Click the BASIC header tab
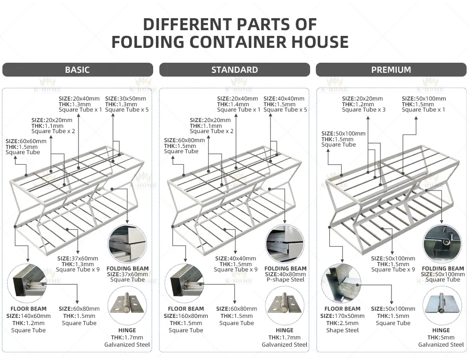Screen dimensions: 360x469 pos(78,70)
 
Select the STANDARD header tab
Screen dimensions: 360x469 pos(234,70)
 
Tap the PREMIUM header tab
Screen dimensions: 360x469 pos(391,70)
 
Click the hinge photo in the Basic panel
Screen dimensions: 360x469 pos(127,304)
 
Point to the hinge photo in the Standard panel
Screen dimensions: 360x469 pos(284,304)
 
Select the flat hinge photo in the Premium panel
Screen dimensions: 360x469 pos(441,304)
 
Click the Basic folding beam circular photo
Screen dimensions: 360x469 pos(127,243)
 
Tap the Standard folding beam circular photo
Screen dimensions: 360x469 pos(284,243)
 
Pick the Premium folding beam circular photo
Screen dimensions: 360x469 pos(441,243)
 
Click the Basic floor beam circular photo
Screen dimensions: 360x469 pos(28,283)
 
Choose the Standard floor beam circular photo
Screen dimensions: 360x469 pos(185,283)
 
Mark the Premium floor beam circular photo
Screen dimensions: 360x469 pos(342,283)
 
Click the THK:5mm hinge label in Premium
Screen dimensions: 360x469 pos(441,337)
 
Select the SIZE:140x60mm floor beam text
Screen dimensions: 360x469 pos(28,316)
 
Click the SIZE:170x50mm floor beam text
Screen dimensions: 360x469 pos(342,316)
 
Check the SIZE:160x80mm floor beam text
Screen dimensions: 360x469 pos(186,316)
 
